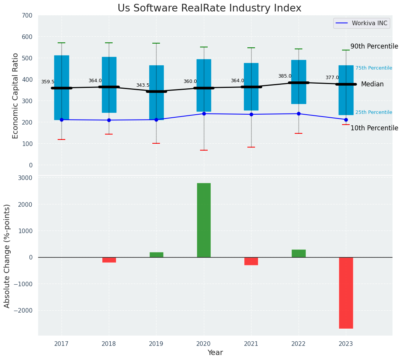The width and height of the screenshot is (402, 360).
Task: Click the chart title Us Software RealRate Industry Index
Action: (x=209, y=8)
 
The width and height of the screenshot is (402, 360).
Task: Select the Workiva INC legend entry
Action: (x=362, y=23)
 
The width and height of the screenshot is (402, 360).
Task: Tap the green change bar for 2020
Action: (x=204, y=220)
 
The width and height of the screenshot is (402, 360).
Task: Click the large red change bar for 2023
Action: (x=346, y=293)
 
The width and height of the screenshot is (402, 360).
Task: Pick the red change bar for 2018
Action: (x=109, y=260)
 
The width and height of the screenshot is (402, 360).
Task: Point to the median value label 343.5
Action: (x=143, y=85)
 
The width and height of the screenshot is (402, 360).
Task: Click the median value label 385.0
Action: (x=285, y=76)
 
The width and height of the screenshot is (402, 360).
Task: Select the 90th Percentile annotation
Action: (x=374, y=46)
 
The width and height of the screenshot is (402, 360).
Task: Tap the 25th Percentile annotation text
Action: (x=373, y=112)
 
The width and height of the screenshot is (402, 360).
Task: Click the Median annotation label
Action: (x=372, y=84)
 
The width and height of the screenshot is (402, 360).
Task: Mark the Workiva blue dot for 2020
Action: (x=204, y=114)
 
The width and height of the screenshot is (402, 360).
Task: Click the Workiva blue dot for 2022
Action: (x=299, y=114)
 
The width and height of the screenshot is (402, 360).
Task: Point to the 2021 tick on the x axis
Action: (x=251, y=344)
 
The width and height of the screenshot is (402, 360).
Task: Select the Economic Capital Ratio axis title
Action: (x=16, y=96)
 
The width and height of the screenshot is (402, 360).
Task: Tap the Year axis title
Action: (x=215, y=353)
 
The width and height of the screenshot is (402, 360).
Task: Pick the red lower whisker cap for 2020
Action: (x=204, y=150)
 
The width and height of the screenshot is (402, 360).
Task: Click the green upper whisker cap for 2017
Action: (x=61, y=43)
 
